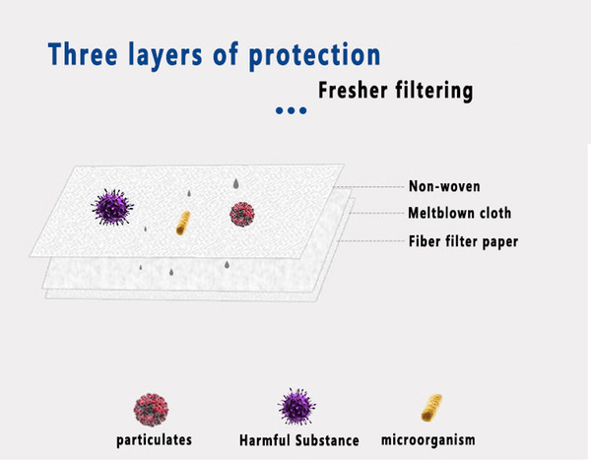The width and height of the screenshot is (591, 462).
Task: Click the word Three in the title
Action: (83, 54)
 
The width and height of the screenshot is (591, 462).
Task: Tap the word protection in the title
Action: (314, 56)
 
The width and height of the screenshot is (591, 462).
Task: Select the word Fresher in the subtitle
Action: (353, 90)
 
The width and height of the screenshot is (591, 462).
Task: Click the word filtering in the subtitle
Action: (433, 92)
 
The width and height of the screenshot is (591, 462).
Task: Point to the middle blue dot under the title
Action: (291, 110)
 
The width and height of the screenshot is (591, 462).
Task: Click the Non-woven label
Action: (444, 186)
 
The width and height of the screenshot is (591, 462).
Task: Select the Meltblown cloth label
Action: (459, 213)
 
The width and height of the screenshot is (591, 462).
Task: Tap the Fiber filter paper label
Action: (463, 241)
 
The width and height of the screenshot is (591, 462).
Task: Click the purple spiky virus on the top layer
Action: (112, 207)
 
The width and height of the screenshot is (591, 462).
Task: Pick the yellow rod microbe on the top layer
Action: (183, 223)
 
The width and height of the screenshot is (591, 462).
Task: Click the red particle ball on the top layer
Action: (242, 214)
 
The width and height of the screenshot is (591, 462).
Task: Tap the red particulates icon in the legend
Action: (151, 410)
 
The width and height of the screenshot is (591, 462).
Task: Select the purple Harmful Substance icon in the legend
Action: (297, 407)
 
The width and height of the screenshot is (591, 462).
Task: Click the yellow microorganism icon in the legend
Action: (431, 408)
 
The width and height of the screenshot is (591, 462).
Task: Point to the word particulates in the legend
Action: (155, 440)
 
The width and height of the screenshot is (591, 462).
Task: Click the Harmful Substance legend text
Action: (298, 440)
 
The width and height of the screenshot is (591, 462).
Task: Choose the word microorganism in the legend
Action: (428, 439)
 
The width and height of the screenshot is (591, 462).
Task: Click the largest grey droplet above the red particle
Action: (236, 183)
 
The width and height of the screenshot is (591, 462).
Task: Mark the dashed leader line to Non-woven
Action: (368, 186)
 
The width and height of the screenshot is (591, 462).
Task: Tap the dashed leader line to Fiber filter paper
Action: (371, 240)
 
